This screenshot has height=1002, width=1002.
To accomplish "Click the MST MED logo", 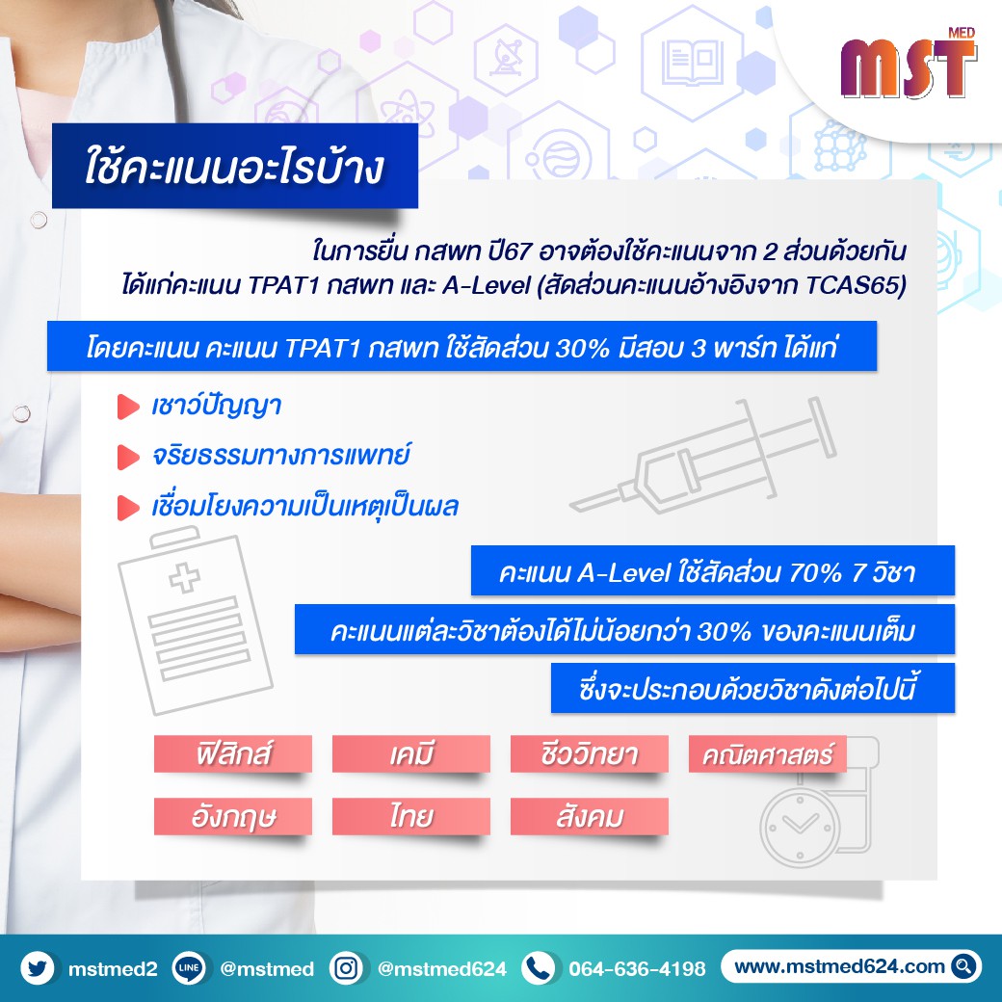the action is (909, 64).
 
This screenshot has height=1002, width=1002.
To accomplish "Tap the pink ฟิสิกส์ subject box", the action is (232, 753).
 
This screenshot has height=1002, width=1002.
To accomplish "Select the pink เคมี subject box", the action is (410, 753).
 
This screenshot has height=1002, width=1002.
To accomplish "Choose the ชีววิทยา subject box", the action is (590, 753).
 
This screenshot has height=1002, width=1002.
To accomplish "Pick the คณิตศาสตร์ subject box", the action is (768, 753).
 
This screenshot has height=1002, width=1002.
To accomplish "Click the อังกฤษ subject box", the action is (232, 816).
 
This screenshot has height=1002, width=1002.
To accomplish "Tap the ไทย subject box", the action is (410, 816).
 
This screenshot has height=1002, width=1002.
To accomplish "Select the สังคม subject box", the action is (590, 816).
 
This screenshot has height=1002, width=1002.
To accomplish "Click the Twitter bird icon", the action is (38, 968).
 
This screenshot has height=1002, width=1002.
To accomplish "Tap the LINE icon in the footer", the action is (189, 968).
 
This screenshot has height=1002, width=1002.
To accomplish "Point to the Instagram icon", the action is (346, 968).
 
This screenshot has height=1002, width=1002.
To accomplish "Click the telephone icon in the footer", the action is (539, 968).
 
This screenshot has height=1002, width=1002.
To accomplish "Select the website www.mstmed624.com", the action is (839, 966).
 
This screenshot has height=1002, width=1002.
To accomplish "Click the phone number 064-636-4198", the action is (637, 969).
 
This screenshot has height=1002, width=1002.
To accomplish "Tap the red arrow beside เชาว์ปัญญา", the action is (128, 407).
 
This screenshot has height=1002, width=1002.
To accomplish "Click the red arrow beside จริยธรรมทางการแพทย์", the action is (128, 457).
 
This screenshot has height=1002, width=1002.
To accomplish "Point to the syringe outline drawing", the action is (703, 455).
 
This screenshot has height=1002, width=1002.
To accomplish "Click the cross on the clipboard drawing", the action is (185, 577).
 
